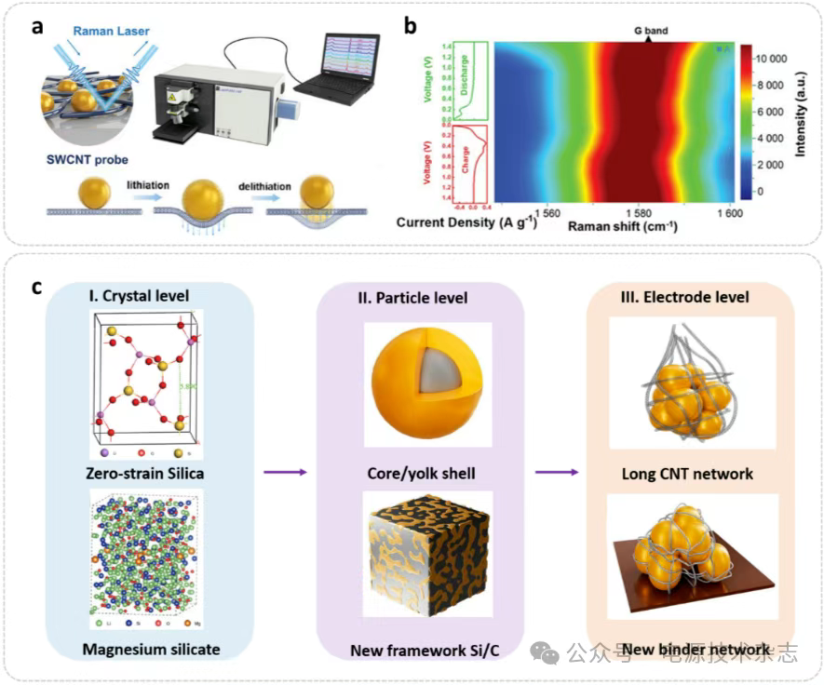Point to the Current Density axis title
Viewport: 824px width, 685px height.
point(456,223)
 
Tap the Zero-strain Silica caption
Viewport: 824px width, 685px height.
point(143,474)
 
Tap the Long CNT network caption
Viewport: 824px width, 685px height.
point(687,474)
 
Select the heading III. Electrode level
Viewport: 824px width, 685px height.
point(688,297)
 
